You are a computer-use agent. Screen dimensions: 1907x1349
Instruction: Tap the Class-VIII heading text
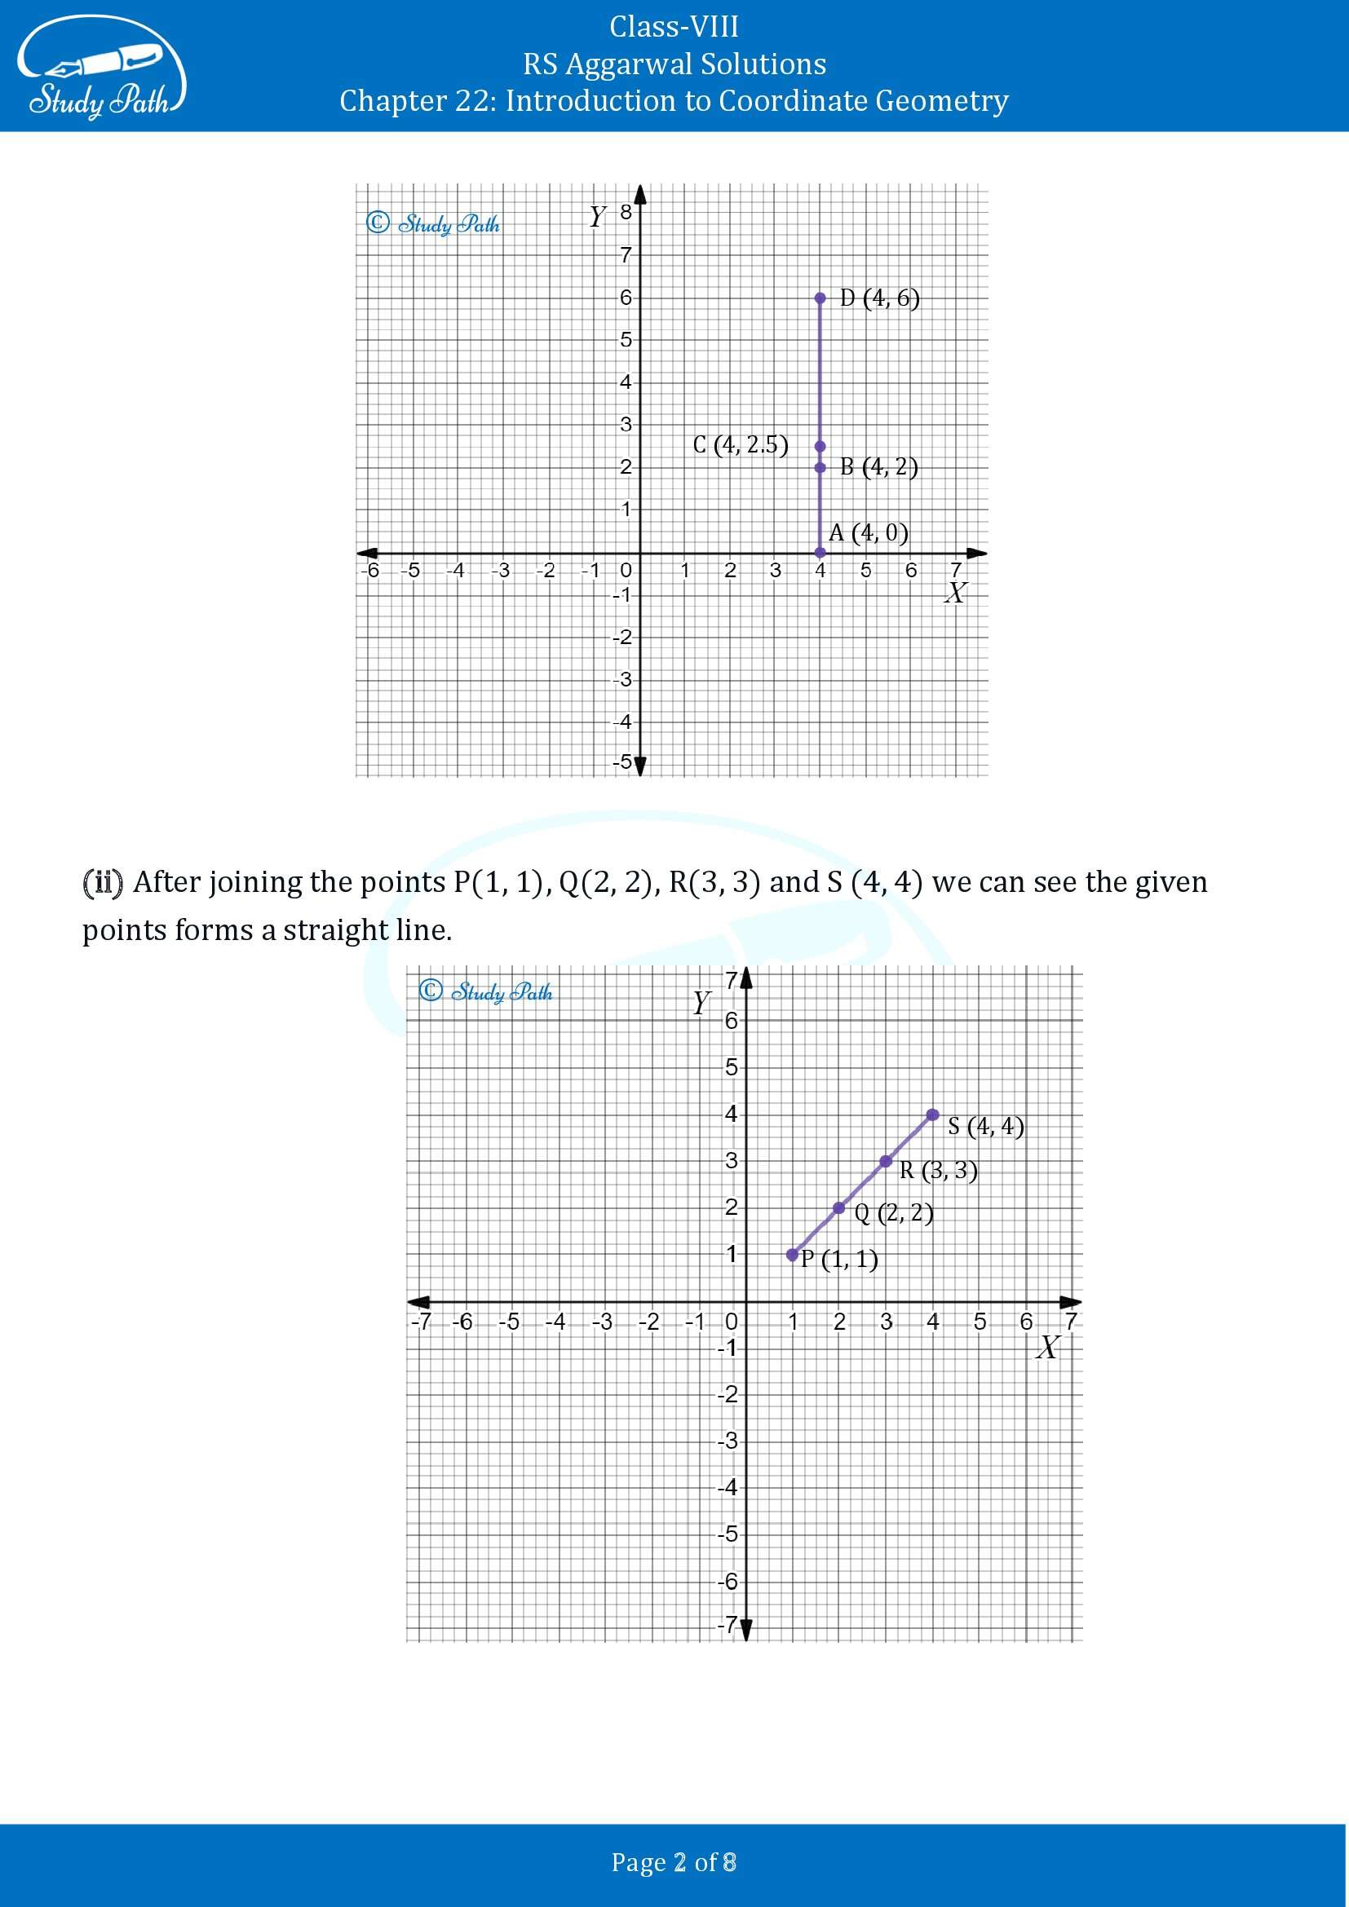tap(674, 27)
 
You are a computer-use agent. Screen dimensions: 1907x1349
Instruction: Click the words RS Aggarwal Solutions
tap(674, 64)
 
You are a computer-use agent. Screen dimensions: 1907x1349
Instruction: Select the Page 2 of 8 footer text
tap(674, 1861)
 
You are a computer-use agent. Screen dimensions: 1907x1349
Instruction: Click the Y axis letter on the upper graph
tap(597, 217)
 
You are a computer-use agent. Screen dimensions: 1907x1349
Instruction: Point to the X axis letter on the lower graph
tap(1047, 1347)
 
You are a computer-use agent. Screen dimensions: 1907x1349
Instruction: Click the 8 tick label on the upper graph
tap(626, 213)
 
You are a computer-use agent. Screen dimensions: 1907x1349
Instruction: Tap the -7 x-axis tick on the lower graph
tap(422, 1322)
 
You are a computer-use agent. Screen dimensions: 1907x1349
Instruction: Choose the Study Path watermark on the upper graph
tap(434, 223)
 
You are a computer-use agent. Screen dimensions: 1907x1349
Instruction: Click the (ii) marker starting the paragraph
tap(103, 882)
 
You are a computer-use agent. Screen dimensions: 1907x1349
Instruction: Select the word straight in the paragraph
tap(335, 930)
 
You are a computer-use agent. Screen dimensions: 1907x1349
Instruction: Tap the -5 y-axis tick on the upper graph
tap(622, 761)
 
